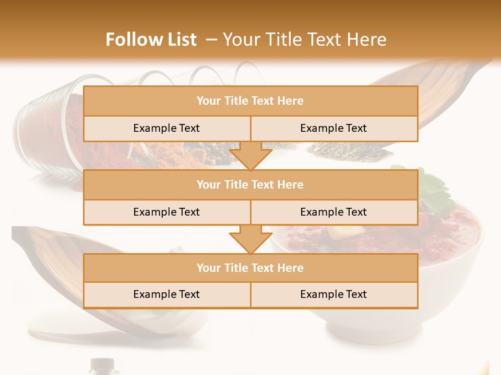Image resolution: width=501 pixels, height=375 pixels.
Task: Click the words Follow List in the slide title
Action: [x=151, y=40]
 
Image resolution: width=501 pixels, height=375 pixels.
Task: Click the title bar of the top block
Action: [x=250, y=101]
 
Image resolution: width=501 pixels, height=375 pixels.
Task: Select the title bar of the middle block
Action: [x=250, y=184]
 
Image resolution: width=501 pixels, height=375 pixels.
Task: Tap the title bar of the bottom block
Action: [x=250, y=268]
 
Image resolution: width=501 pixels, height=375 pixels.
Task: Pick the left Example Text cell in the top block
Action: [x=166, y=128]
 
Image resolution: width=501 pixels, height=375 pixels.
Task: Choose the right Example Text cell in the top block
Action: [x=333, y=128]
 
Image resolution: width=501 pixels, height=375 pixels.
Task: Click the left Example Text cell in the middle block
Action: [x=166, y=212]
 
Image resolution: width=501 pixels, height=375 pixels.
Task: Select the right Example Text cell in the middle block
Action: [x=333, y=212]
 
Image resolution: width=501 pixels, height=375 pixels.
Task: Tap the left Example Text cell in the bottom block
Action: [x=166, y=294]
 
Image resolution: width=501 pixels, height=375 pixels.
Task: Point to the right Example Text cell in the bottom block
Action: [x=333, y=294]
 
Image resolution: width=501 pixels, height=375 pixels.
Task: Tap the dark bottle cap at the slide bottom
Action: [x=102, y=364]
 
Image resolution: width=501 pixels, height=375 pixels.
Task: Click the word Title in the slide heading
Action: [x=289, y=40]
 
